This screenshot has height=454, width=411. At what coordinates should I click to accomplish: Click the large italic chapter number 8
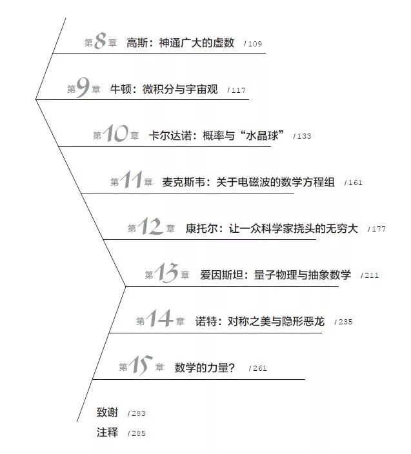[x=101, y=43]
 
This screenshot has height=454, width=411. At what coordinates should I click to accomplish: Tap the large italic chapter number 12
[x=151, y=228]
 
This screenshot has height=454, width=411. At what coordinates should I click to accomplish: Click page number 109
[x=254, y=44]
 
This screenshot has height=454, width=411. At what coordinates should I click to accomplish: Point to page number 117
[x=237, y=90]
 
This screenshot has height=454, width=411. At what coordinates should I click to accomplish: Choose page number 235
[x=344, y=322]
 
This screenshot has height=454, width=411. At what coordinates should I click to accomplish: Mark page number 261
[x=257, y=369]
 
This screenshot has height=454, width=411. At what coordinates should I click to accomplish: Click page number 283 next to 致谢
[x=137, y=413]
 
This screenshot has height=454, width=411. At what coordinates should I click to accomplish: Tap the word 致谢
[x=108, y=413]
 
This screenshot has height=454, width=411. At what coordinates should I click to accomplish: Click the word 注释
[x=108, y=432]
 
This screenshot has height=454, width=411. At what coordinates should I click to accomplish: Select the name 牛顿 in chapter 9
[x=121, y=89]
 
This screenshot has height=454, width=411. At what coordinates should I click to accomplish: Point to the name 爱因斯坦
[x=218, y=275]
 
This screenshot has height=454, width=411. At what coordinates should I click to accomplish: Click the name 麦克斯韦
[x=183, y=182]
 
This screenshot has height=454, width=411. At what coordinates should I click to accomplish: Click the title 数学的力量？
[x=205, y=368]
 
